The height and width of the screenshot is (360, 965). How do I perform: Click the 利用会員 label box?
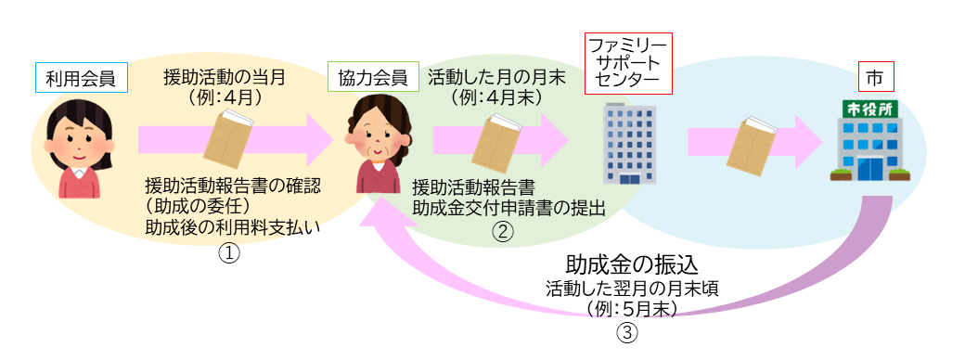(81, 78)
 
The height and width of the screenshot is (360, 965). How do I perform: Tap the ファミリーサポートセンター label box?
(628, 63)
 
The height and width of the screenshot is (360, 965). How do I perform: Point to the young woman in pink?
(84, 148)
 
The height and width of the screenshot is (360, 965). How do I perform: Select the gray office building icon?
(628, 143)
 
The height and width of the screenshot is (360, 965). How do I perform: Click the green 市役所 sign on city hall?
(868, 109)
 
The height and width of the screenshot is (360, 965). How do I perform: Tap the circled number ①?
(228, 252)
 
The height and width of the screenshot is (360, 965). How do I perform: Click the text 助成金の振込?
(628, 265)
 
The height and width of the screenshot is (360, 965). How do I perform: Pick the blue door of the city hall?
(869, 169)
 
